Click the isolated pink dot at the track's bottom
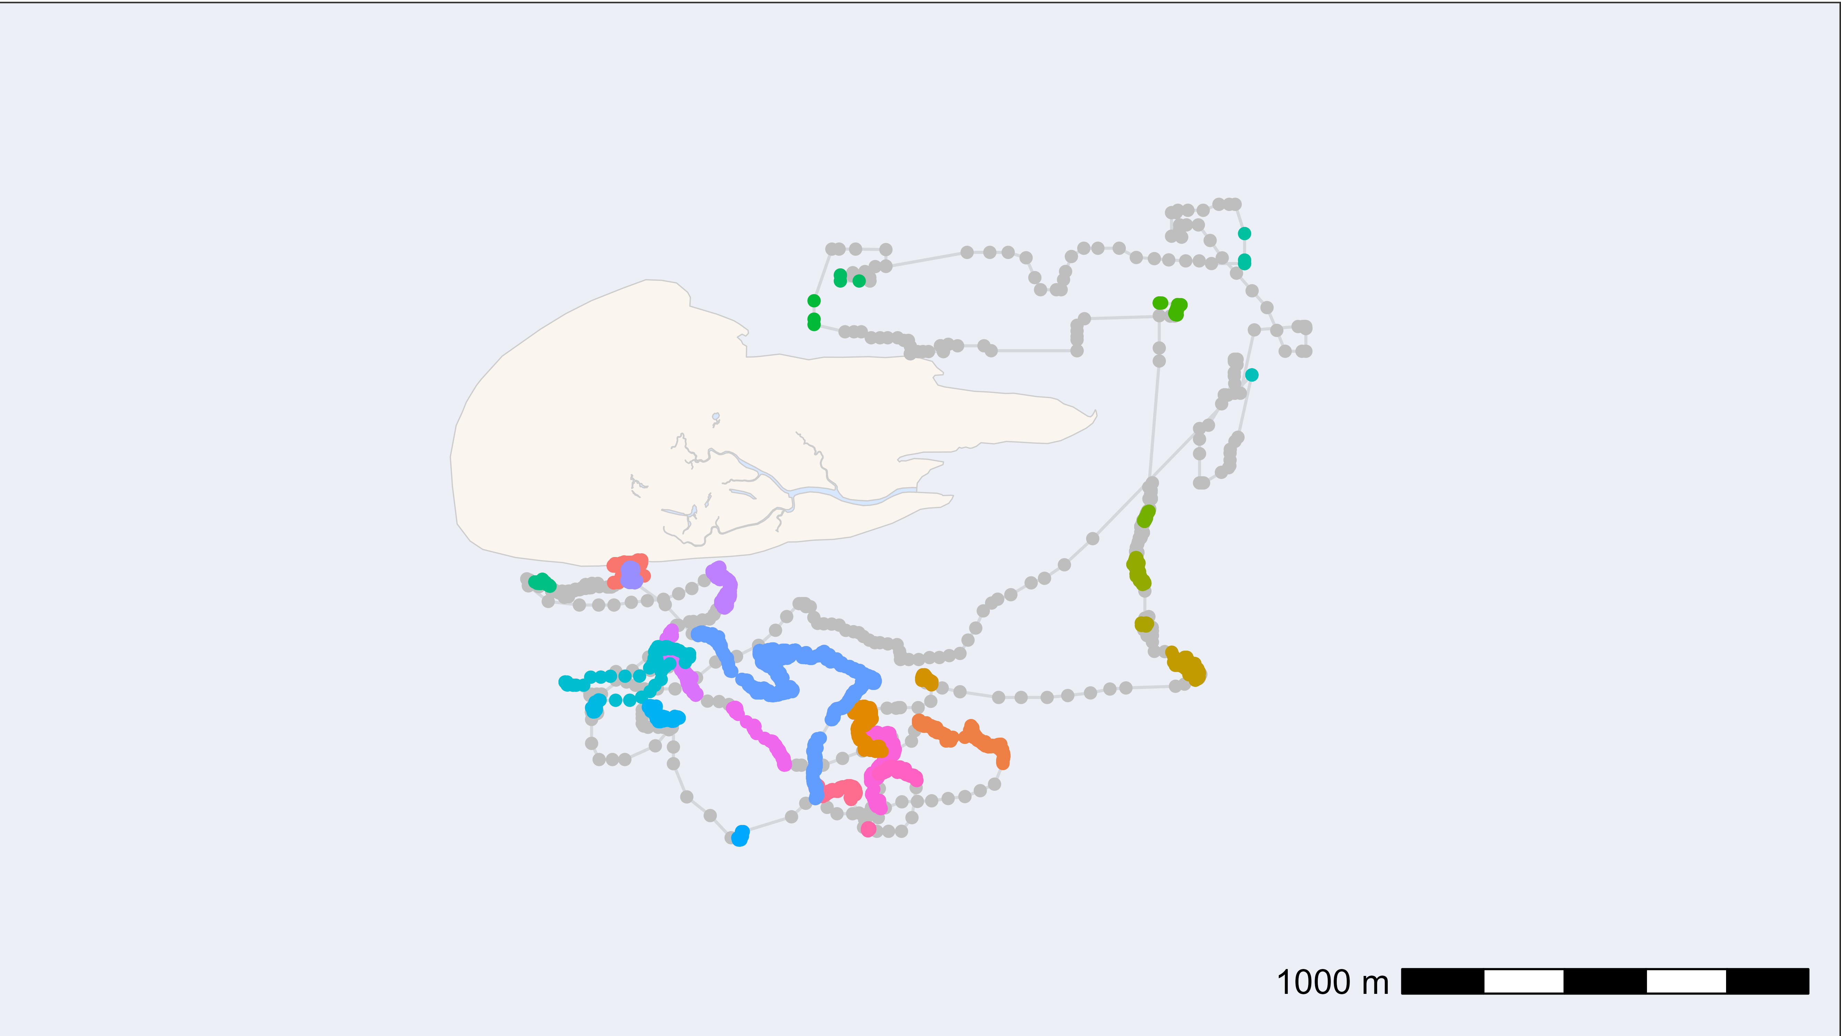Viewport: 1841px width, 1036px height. coord(868,829)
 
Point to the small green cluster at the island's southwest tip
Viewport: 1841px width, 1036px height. coord(543,583)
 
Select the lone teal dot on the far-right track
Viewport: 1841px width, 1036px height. coord(1251,375)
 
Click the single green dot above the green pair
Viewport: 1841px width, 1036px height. coord(814,300)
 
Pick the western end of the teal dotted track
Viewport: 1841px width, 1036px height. coord(565,683)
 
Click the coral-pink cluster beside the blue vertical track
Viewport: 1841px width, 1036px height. coord(843,791)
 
